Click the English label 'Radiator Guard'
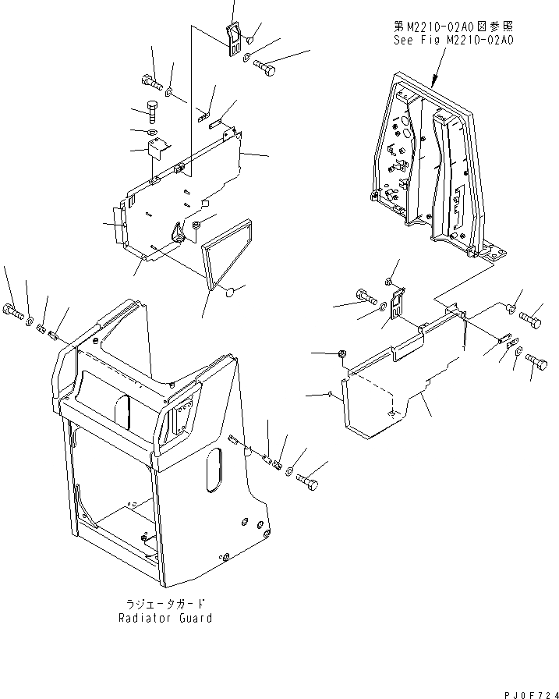pos(165,619)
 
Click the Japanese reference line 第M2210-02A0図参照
pos(454,26)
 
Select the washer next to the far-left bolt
pos(30,321)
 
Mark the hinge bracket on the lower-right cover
pos(398,303)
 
